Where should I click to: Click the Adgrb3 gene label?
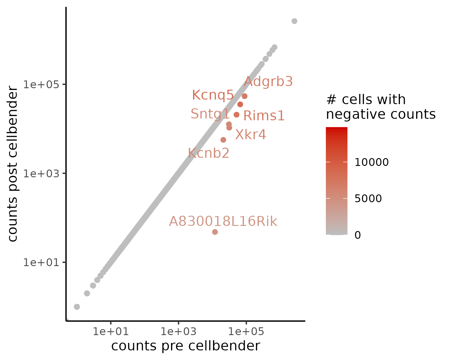pyautogui.click(x=268, y=82)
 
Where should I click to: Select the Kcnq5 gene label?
pyautogui.click(x=213, y=95)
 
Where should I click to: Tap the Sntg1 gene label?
pyautogui.click(x=210, y=114)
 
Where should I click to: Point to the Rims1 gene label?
pyautogui.click(x=264, y=116)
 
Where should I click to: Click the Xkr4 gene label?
pyautogui.click(x=250, y=135)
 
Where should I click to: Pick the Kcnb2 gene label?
pyautogui.click(x=208, y=153)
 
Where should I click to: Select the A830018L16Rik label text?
pyautogui.click(x=223, y=222)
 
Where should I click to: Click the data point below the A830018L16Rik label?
pyautogui.click(x=215, y=232)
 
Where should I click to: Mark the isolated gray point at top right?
pyautogui.click(x=294, y=21)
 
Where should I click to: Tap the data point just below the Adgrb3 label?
pyautogui.click(x=244, y=96)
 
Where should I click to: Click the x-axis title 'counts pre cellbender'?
pyautogui.click(x=185, y=346)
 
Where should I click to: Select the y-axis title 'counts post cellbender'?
pyautogui.click(x=13, y=163)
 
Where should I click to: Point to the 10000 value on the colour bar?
pyautogui.click(x=371, y=162)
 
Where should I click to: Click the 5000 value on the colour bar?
pyautogui.click(x=368, y=199)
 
